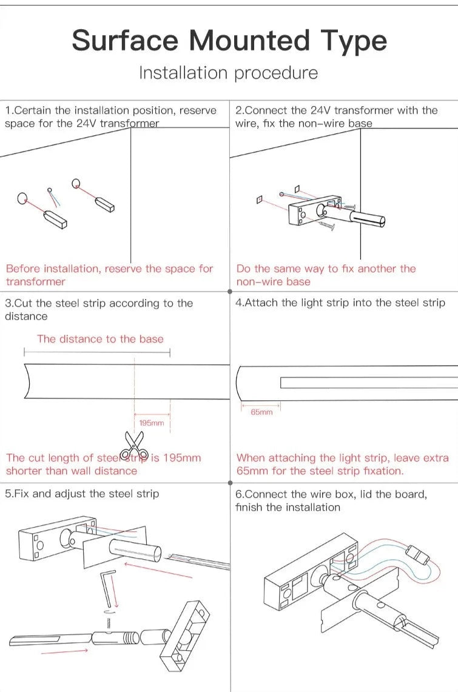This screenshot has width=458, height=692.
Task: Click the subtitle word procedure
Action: point(276,73)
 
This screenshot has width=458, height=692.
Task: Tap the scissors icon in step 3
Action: point(133,445)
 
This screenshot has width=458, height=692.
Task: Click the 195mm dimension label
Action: point(151,423)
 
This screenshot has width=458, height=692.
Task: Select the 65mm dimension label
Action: point(261,412)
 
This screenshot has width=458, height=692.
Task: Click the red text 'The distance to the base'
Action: point(100,339)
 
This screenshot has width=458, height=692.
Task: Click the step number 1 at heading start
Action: point(8,111)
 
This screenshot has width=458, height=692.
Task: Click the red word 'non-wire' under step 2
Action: point(258,282)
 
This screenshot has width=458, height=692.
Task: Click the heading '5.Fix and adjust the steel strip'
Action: point(82,494)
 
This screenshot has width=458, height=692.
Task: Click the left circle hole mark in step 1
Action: point(22,198)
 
